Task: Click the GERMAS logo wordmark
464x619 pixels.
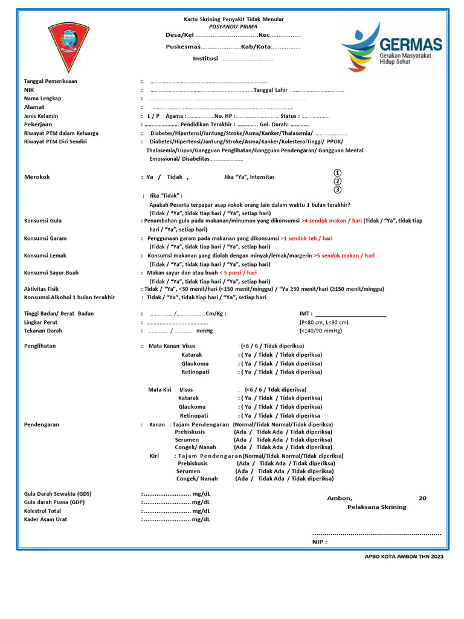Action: (410, 44)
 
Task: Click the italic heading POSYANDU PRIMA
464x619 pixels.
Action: (233, 27)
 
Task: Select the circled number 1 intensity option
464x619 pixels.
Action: (338, 173)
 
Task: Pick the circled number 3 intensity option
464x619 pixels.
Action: (338, 190)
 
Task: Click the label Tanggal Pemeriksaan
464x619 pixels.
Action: (51, 81)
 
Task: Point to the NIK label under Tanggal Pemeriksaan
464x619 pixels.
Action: (29, 89)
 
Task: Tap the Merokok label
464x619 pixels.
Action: (37, 177)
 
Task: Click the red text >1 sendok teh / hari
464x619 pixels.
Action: (307, 238)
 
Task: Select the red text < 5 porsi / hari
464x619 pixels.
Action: (238, 273)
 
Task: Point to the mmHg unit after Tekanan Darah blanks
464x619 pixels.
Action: (205, 331)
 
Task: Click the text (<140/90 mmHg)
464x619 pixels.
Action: (320, 331)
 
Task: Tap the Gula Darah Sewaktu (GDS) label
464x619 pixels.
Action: (58, 494)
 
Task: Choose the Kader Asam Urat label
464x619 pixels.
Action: (45, 519)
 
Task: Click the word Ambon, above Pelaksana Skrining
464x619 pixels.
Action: (340, 498)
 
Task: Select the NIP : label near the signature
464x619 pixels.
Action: (320, 542)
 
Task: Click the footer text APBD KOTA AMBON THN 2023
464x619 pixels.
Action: (404, 557)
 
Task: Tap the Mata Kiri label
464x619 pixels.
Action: (160, 390)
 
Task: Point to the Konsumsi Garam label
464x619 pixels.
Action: (45, 238)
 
